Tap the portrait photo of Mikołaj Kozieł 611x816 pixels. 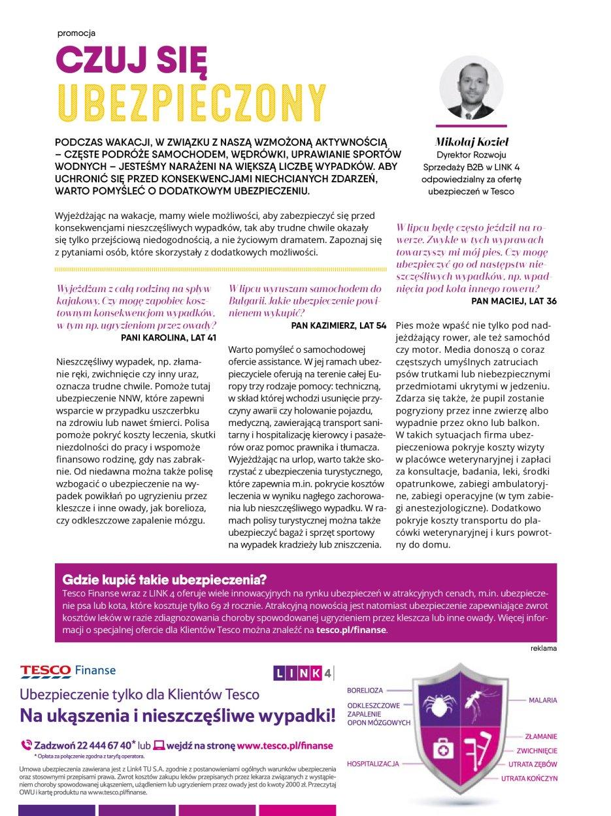click(471, 88)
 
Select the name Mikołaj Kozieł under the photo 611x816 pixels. click(471, 142)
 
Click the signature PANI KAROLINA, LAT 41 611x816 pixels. click(169, 338)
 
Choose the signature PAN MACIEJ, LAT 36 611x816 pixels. click(514, 301)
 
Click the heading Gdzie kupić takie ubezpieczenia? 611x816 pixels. click(164, 579)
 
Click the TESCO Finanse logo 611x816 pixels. click(68, 670)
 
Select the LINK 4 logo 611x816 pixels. click(303, 673)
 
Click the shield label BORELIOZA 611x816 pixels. click(365, 690)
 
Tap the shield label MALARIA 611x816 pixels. click(542, 700)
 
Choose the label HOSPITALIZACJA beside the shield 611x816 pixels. click(373, 764)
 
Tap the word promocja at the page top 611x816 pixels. click(76, 33)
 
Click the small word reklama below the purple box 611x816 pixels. click(544, 649)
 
